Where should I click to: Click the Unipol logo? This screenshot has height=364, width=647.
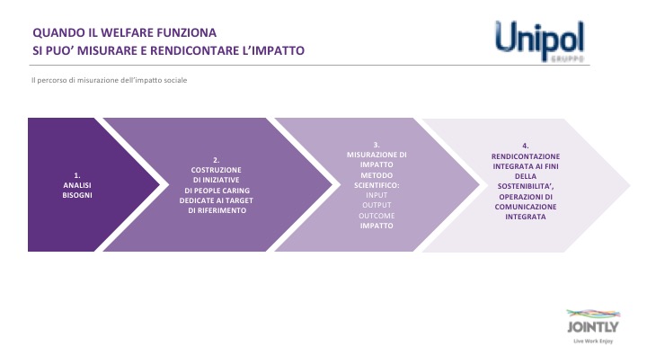coord(540,40)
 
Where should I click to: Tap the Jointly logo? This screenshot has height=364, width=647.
coord(593,326)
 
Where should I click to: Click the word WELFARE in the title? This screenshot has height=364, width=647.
coord(126,32)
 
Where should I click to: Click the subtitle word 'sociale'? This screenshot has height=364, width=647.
coord(176,80)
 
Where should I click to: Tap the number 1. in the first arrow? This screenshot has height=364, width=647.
coord(77,175)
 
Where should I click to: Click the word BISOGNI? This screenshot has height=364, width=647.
coord(77,195)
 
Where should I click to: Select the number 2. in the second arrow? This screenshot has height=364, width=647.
coord(217,160)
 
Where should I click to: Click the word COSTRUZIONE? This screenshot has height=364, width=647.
coord(217,170)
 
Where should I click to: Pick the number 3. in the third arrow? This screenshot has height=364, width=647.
coord(377,145)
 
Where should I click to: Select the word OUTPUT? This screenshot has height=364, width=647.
coord(377,205)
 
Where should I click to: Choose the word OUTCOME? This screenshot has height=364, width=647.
coord(377,216)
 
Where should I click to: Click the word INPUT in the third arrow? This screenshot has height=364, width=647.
coord(377,195)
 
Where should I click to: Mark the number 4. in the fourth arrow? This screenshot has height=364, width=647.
coord(526,146)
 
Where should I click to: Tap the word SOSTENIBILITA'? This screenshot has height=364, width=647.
coord(525,186)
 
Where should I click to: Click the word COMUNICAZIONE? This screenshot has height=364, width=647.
coord(526,207)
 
